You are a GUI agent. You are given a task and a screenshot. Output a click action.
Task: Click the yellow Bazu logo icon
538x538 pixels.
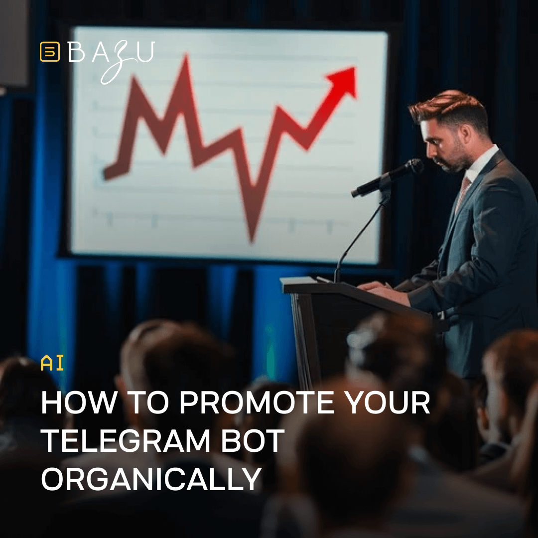point(49,52)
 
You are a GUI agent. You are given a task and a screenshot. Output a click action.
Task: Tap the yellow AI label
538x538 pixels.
point(52,364)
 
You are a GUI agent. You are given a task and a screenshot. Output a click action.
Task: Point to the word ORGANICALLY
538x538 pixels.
point(151,480)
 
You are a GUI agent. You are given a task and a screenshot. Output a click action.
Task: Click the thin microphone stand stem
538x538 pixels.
point(359,234)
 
